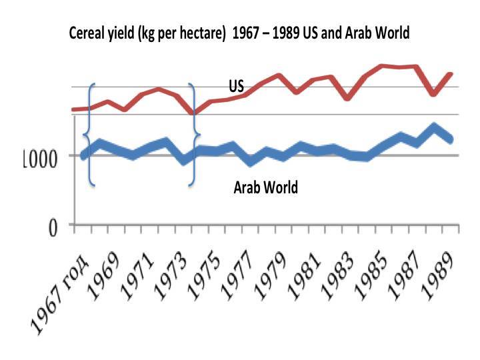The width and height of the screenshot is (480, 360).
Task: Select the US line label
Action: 236,86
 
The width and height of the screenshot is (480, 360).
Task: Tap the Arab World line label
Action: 265,187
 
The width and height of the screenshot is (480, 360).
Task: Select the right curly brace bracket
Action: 194,133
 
